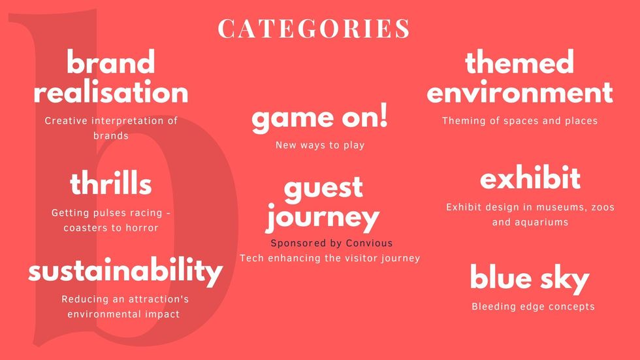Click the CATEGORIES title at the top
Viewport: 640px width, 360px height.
click(314, 29)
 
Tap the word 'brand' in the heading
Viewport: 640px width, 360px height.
click(111, 63)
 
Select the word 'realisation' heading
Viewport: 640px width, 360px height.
click(111, 92)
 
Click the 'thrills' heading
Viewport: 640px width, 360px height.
click(111, 184)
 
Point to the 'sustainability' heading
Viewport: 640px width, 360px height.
click(125, 271)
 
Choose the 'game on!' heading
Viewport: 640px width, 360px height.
click(319, 118)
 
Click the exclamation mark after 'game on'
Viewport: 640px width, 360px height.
click(383, 116)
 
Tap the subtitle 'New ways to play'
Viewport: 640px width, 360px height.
click(319, 145)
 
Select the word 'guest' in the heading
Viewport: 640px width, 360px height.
click(323, 188)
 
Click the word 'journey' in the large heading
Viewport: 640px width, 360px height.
click(323, 218)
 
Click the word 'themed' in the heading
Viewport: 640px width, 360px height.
click(519, 63)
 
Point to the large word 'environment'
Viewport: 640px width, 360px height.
click(520, 92)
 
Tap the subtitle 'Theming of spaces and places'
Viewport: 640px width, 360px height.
click(520, 121)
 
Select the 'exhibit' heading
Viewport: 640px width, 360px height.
click(530, 178)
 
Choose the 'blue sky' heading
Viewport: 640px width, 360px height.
click(530, 278)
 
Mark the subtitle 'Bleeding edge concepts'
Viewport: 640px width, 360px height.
click(533, 306)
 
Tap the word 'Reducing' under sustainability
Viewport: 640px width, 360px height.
click(84, 299)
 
